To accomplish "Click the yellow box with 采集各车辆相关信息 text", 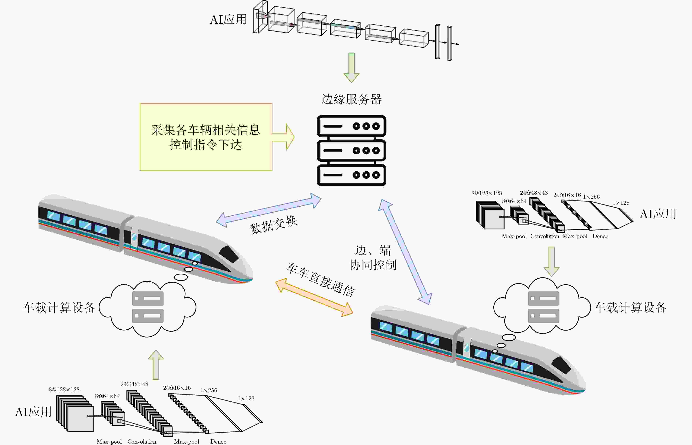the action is pyautogui.click(x=206, y=137).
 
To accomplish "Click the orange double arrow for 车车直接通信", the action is pyautogui.click(x=314, y=297).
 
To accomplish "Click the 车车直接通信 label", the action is pyautogui.click(x=320, y=280).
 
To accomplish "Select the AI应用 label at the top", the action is pyautogui.click(x=228, y=20).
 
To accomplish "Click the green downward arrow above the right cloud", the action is pyautogui.click(x=552, y=262).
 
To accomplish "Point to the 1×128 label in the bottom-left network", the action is pyautogui.click(x=246, y=398).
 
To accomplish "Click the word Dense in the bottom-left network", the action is pyautogui.click(x=218, y=442).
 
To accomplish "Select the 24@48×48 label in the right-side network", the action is pyautogui.click(x=534, y=193).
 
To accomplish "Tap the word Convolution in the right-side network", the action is pyautogui.click(x=545, y=236).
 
